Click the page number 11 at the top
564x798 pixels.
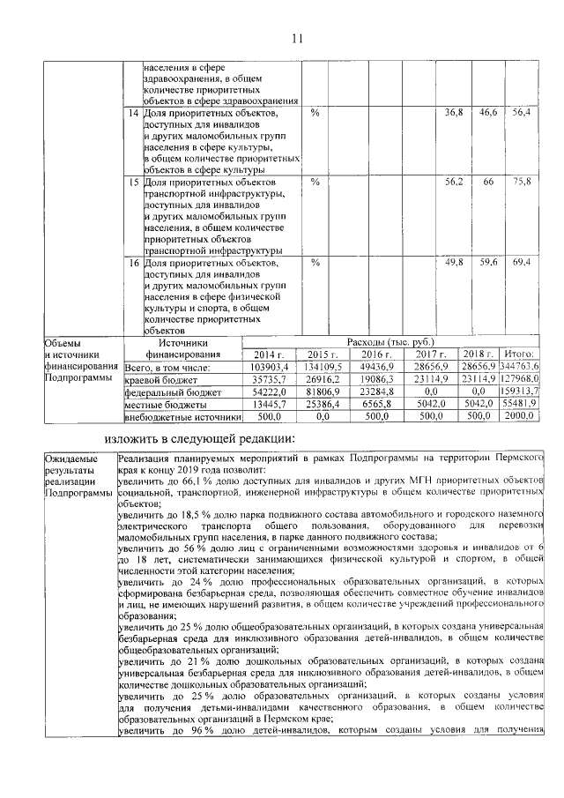pyautogui.click(x=297, y=38)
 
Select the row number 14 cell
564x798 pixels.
pyautogui.click(x=134, y=114)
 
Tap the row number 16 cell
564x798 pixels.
pyautogui.click(x=134, y=263)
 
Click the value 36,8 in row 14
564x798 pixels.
pyautogui.click(x=454, y=114)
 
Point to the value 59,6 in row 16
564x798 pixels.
pyautogui.click(x=488, y=263)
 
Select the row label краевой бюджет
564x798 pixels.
pyautogui.click(x=157, y=379)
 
